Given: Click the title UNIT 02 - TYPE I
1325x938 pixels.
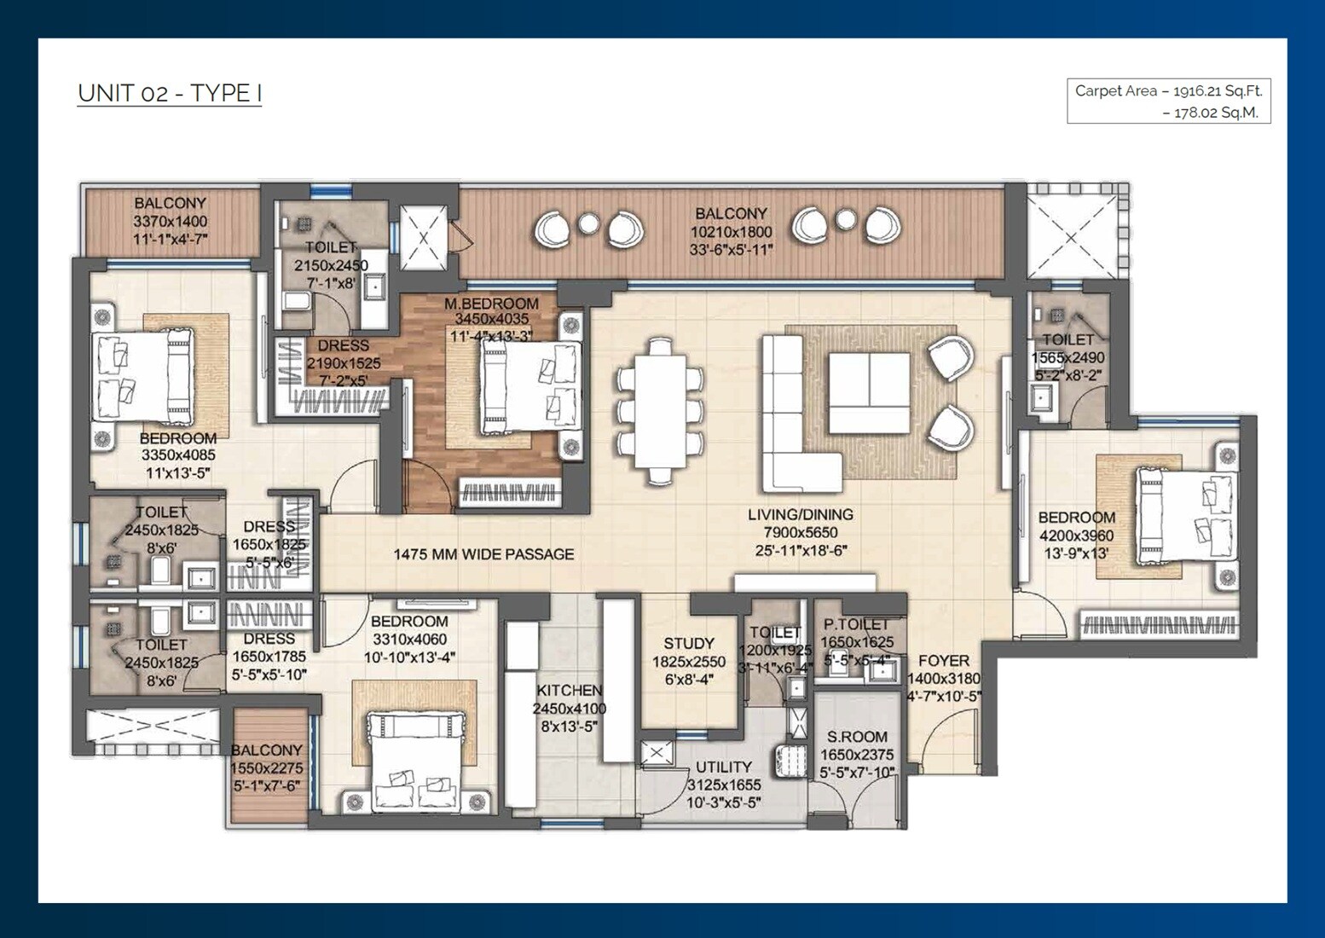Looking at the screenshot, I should click(x=169, y=93).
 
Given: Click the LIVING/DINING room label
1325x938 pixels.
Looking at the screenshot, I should click(x=800, y=515).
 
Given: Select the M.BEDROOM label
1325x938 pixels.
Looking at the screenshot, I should click(x=491, y=304).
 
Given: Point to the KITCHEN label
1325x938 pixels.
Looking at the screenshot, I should click(x=570, y=691).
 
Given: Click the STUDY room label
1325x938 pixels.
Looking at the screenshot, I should click(x=688, y=644).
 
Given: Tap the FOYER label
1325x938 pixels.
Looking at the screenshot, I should click(x=943, y=661).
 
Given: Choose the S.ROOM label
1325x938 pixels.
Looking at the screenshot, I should click(x=857, y=737).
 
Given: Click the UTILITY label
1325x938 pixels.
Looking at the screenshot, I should click(x=723, y=767).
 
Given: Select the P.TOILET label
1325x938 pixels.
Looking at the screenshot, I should click(x=856, y=624).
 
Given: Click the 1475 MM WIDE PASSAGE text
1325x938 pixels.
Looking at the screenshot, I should click(x=483, y=554).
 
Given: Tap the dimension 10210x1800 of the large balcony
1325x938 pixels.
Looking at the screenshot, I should click(x=731, y=232).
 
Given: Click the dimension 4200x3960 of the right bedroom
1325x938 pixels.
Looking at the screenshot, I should click(x=1076, y=536).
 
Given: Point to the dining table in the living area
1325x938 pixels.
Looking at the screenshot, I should click(x=662, y=411).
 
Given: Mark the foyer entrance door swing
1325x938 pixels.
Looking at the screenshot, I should click(x=942, y=742).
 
